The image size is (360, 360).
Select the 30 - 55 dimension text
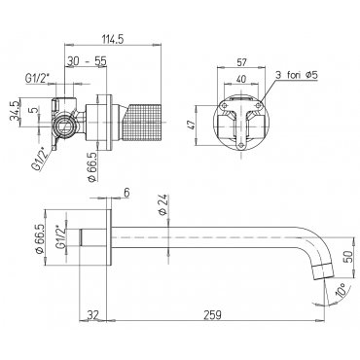pos(87,60)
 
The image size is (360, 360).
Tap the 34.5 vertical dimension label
pos(15,110)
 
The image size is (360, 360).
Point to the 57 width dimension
pos(241,62)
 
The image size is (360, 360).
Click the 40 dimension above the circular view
pos(241,79)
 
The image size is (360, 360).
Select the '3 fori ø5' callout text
pos(297,75)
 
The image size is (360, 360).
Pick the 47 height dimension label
pos(192,124)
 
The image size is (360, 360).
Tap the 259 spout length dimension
pos(214,314)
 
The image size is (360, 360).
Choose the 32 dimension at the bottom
pos(91,314)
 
